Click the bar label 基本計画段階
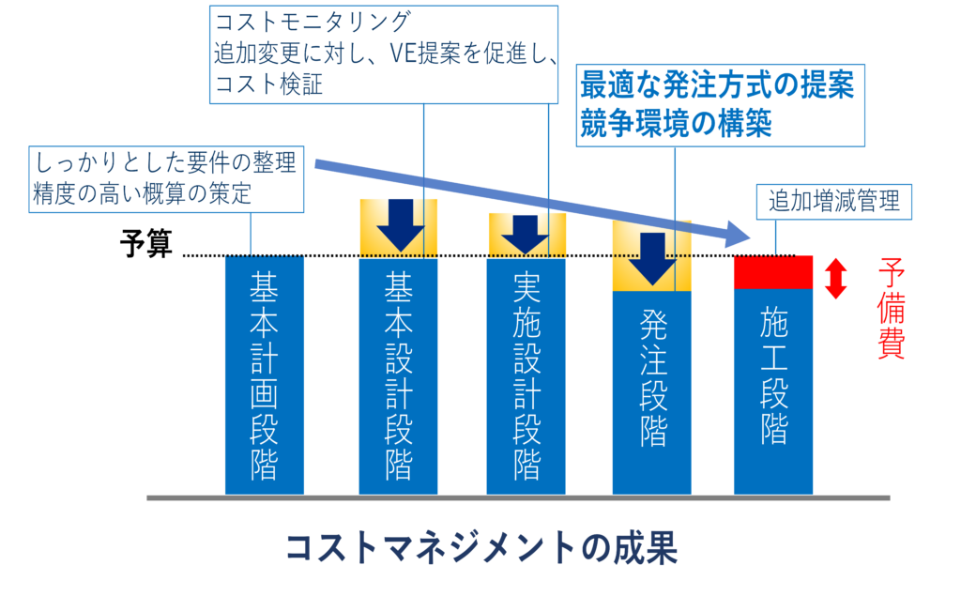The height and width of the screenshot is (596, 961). coord(264,376)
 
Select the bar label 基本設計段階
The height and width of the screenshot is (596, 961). coord(399,376)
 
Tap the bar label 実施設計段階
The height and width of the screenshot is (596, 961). coord(526,375)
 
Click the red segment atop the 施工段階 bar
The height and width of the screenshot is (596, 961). coord(772,271)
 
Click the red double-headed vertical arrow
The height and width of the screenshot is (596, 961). coord(835,279)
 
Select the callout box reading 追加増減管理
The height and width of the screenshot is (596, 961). coord(834,201)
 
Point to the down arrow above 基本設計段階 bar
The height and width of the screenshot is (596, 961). coord(399,225)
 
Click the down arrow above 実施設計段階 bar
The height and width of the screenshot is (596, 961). coord(526,234)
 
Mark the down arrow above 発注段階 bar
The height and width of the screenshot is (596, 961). coord(652,257)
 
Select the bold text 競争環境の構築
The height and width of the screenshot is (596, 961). coord(676,124)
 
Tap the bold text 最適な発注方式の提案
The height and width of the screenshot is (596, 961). coord(717,85)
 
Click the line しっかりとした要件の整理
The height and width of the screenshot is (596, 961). coord(166,163)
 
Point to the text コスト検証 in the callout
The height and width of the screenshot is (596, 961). coord(268,84)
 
